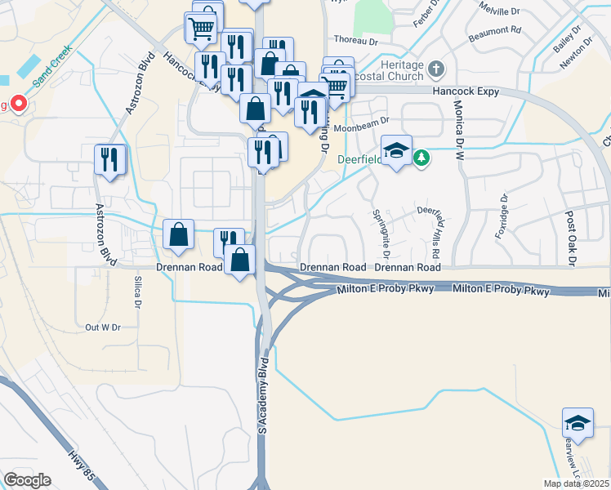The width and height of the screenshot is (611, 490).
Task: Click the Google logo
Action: point(27,480)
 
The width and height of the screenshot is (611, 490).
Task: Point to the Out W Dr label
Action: point(103,327)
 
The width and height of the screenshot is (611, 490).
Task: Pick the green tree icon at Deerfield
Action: point(421,157)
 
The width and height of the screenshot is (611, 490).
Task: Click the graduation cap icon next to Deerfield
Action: point(396,150)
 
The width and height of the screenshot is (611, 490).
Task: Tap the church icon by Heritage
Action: point(437,69)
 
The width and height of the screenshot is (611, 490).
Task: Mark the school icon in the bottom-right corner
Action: point(578,423)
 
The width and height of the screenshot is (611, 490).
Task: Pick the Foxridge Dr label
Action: point(502,216)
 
